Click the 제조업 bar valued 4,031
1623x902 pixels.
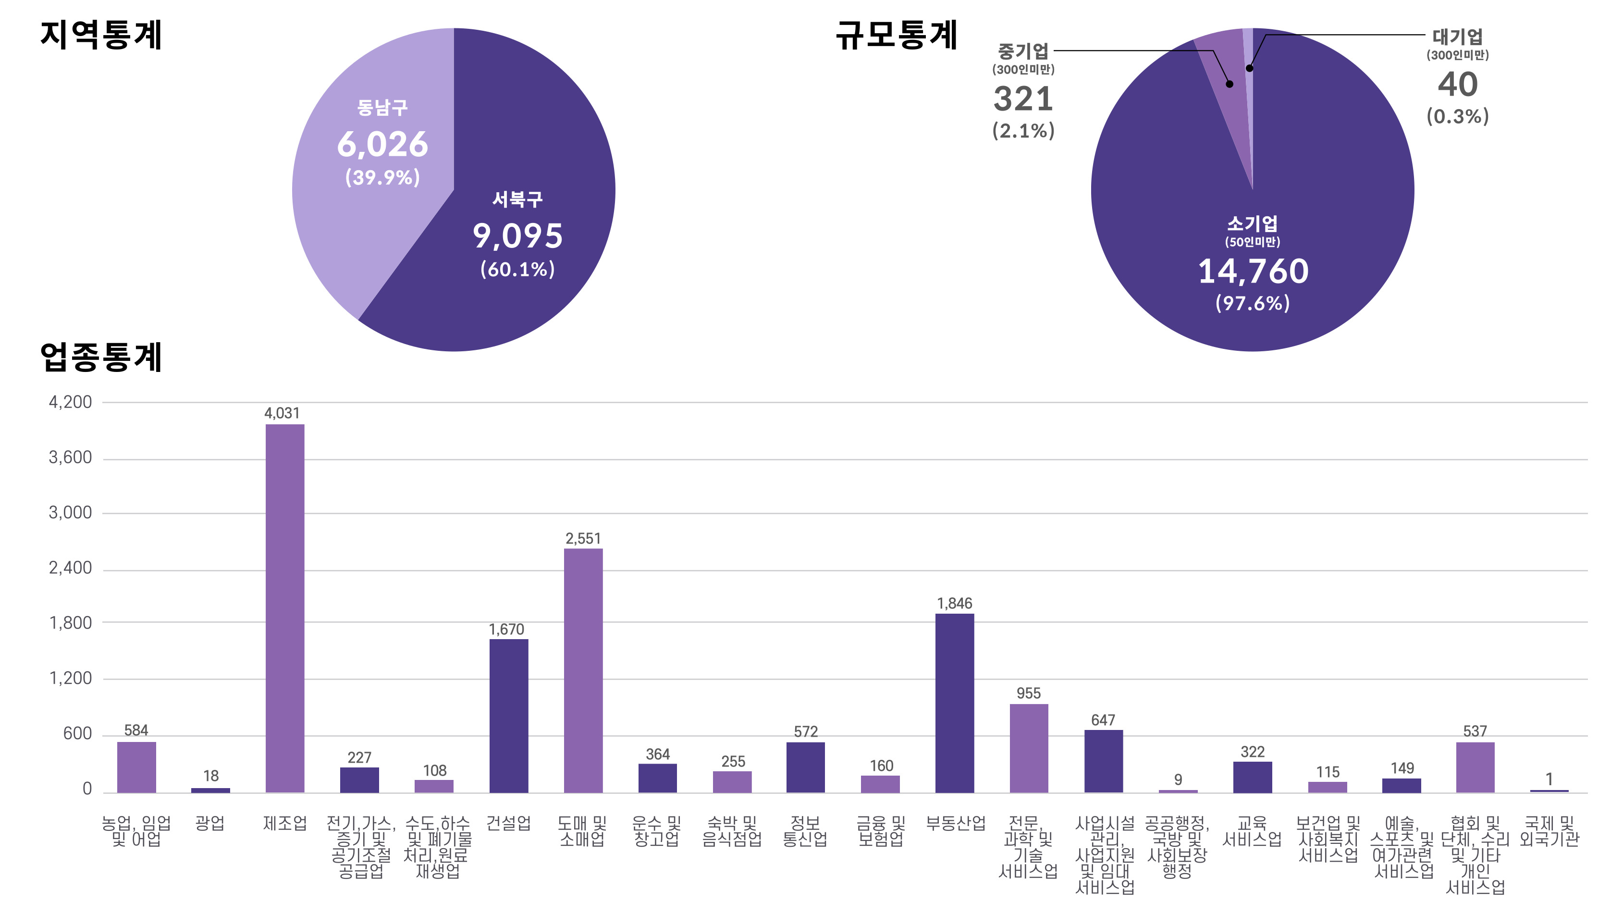tap(285, 608)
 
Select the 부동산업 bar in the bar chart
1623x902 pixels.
tap(955, 703)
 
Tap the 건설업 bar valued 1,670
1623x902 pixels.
tap(508, 716)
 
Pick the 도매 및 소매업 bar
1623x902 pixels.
tap(583, 670)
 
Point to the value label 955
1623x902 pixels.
tap(1028, 693)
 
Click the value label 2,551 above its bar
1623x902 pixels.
tap(583, 538)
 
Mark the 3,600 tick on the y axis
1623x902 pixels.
tap(70, 457)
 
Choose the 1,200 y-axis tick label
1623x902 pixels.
tap(70, 678)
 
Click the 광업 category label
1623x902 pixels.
tap(210, 823)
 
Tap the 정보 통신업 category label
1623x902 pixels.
tap(805, 831)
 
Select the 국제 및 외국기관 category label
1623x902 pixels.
tap(1549, 831)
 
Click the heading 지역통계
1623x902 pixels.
tap(101, 35)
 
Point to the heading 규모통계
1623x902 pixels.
tap(896, 35)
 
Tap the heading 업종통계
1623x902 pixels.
tap(101, 358)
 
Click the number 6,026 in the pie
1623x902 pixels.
tap(382, 144)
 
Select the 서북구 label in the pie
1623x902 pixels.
tap(517, 199)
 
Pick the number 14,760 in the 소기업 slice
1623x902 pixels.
tap(1253, 271)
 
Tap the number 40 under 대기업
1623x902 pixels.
tap(1457, 85)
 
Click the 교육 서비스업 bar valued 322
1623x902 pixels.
tap(1253, 777)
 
